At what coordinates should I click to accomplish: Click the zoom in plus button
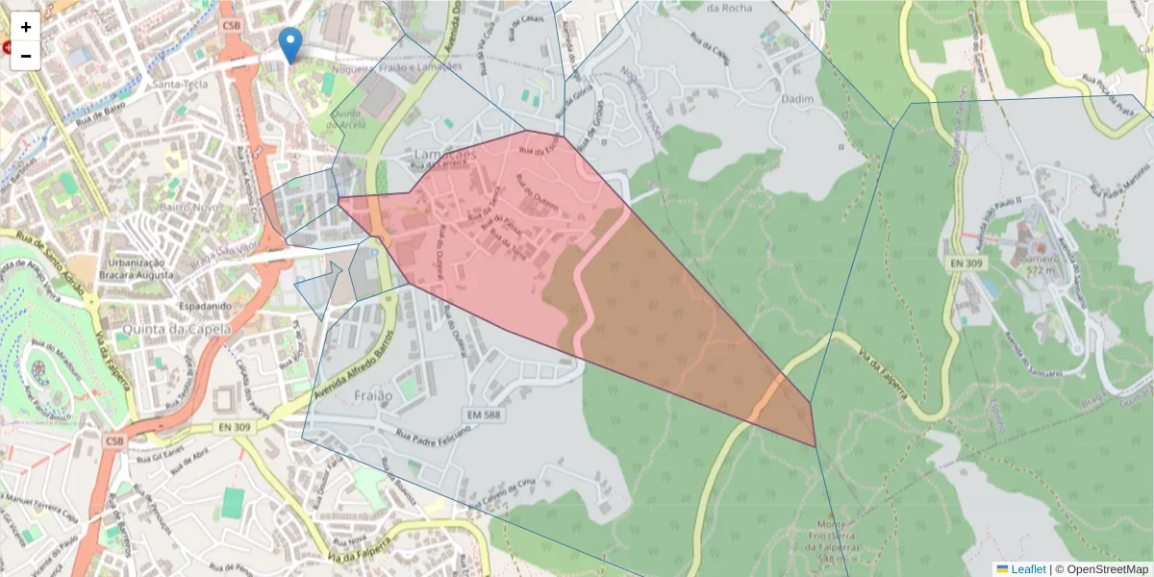pyautogui.click(x=26, y=26)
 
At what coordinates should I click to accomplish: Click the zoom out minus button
pyautogui.click(x=26, y=56)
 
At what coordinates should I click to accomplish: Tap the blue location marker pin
pyautogui.click(x=289, y=44)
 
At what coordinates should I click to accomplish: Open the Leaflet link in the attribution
pyautogui.click(x=1027, y=569)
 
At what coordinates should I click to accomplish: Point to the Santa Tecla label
pyautogui.click(x=180, y=84)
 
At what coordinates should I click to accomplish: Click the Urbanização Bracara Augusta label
pyautogui.click(x=140, y=268)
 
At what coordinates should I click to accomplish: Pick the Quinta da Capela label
pyautogui.click(x=176, y=328)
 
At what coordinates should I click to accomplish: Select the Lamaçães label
pyautogui.click(x=444, y=154)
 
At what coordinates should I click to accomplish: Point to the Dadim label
pyautogui.click(x=800, y=99)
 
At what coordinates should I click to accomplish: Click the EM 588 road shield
pyautogui.click(x=484, y=414)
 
